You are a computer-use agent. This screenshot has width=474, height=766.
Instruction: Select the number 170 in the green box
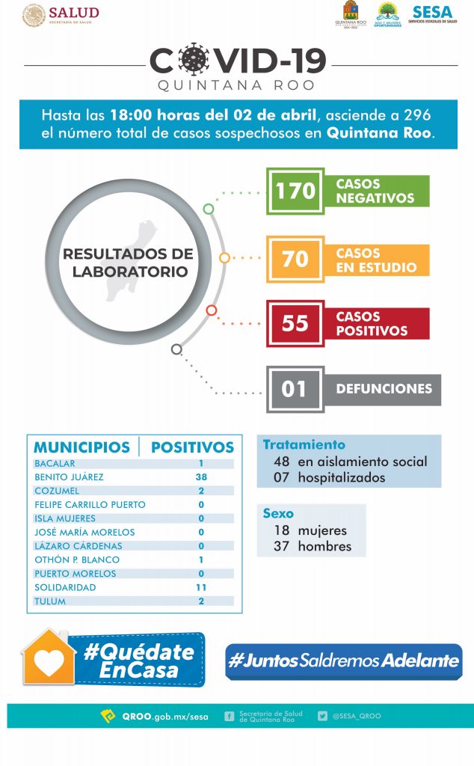(x=295, y=191)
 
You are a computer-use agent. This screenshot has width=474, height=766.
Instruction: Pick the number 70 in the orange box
(x=295, y=259)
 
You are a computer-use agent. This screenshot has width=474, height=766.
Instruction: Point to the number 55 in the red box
(x=295, y=323)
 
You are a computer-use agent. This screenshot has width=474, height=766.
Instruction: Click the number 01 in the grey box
(x=295, y=389)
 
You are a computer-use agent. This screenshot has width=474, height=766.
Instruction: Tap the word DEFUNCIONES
(x=384, y=389)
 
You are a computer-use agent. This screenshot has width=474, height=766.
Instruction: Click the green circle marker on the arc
(x=209, y=209)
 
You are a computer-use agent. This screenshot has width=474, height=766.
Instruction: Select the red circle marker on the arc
(x=212, y=310)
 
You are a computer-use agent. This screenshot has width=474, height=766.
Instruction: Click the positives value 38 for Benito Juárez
(x=201, y=477)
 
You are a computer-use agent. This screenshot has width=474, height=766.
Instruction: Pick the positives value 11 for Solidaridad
(x=201, y=588)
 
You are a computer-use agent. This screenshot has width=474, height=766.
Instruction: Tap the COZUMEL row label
(x=57, y=491)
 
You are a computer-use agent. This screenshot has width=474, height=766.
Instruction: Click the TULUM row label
(x=51, y=601)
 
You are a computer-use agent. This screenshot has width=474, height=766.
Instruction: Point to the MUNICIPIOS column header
(x=81, y=447)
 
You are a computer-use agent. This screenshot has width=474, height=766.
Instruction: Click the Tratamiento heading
(x=304, y=444)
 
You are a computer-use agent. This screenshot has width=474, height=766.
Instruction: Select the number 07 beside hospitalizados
(x=281, y=477)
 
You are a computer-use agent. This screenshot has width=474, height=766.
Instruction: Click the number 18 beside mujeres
(x=281, y=530)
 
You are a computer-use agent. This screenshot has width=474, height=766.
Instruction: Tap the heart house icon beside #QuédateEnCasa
(x=49, y=659)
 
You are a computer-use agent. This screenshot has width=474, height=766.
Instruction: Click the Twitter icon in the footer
(x=322, y=716)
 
